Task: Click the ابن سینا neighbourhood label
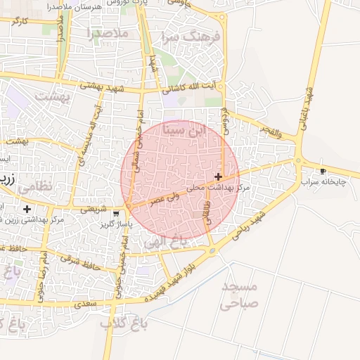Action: (186, 131)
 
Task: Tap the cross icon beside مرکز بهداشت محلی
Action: (219, 176)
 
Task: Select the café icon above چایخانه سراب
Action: (323, 171)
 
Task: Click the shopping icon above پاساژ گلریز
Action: (116, 212)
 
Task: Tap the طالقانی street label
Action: (207, 213)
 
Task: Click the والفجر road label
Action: (270, 131)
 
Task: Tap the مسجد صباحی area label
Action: (240, 295)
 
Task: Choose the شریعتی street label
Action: (94, 209)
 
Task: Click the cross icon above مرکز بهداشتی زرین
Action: (27, 209)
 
